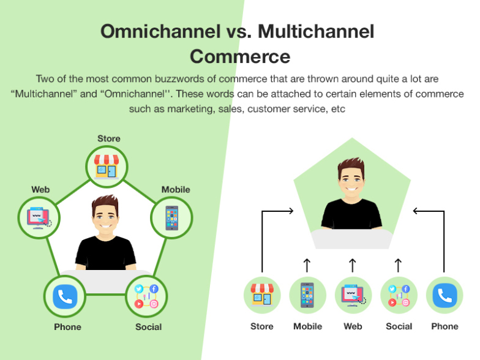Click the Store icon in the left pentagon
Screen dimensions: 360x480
pos(108,165)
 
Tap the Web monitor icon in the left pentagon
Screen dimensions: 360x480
pos(39,217)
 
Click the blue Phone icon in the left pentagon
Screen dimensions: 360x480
pos(65,297)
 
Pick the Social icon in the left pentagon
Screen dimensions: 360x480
pos(146,297)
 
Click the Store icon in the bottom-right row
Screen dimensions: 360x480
pos(262,296)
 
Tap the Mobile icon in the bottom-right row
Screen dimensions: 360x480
pos(307,296)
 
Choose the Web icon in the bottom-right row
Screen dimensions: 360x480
pos(353,296)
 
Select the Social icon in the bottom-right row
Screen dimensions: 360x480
pos(399,296)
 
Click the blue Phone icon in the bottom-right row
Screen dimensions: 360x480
pos(444,296)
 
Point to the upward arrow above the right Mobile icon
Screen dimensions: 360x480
pos(307,265)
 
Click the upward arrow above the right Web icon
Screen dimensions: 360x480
pos(353,265)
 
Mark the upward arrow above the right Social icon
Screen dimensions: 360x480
pos(398,265)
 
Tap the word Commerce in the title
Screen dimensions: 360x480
pos(239,56)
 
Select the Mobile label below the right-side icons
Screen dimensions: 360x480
pos(307,326)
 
